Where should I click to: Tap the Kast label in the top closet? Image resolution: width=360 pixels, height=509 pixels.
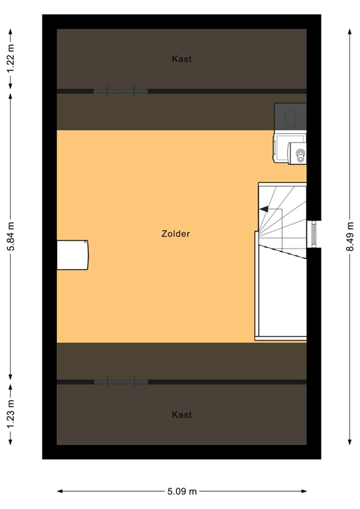182,59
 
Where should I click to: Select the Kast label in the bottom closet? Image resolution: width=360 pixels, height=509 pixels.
182,415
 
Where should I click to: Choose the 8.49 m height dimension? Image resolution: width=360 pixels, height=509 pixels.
349,235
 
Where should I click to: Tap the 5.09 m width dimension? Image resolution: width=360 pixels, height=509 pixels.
182,491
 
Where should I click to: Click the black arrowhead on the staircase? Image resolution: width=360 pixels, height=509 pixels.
263,209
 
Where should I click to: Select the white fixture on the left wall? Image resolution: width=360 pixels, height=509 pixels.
72,255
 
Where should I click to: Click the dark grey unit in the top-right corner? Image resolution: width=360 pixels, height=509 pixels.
290,117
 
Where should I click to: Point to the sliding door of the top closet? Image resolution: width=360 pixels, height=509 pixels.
120,91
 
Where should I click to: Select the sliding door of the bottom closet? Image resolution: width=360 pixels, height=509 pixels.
120,382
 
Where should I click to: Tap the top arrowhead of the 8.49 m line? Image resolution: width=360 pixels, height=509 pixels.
349,28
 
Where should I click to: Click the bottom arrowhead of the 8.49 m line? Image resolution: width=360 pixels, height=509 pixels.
349,443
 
